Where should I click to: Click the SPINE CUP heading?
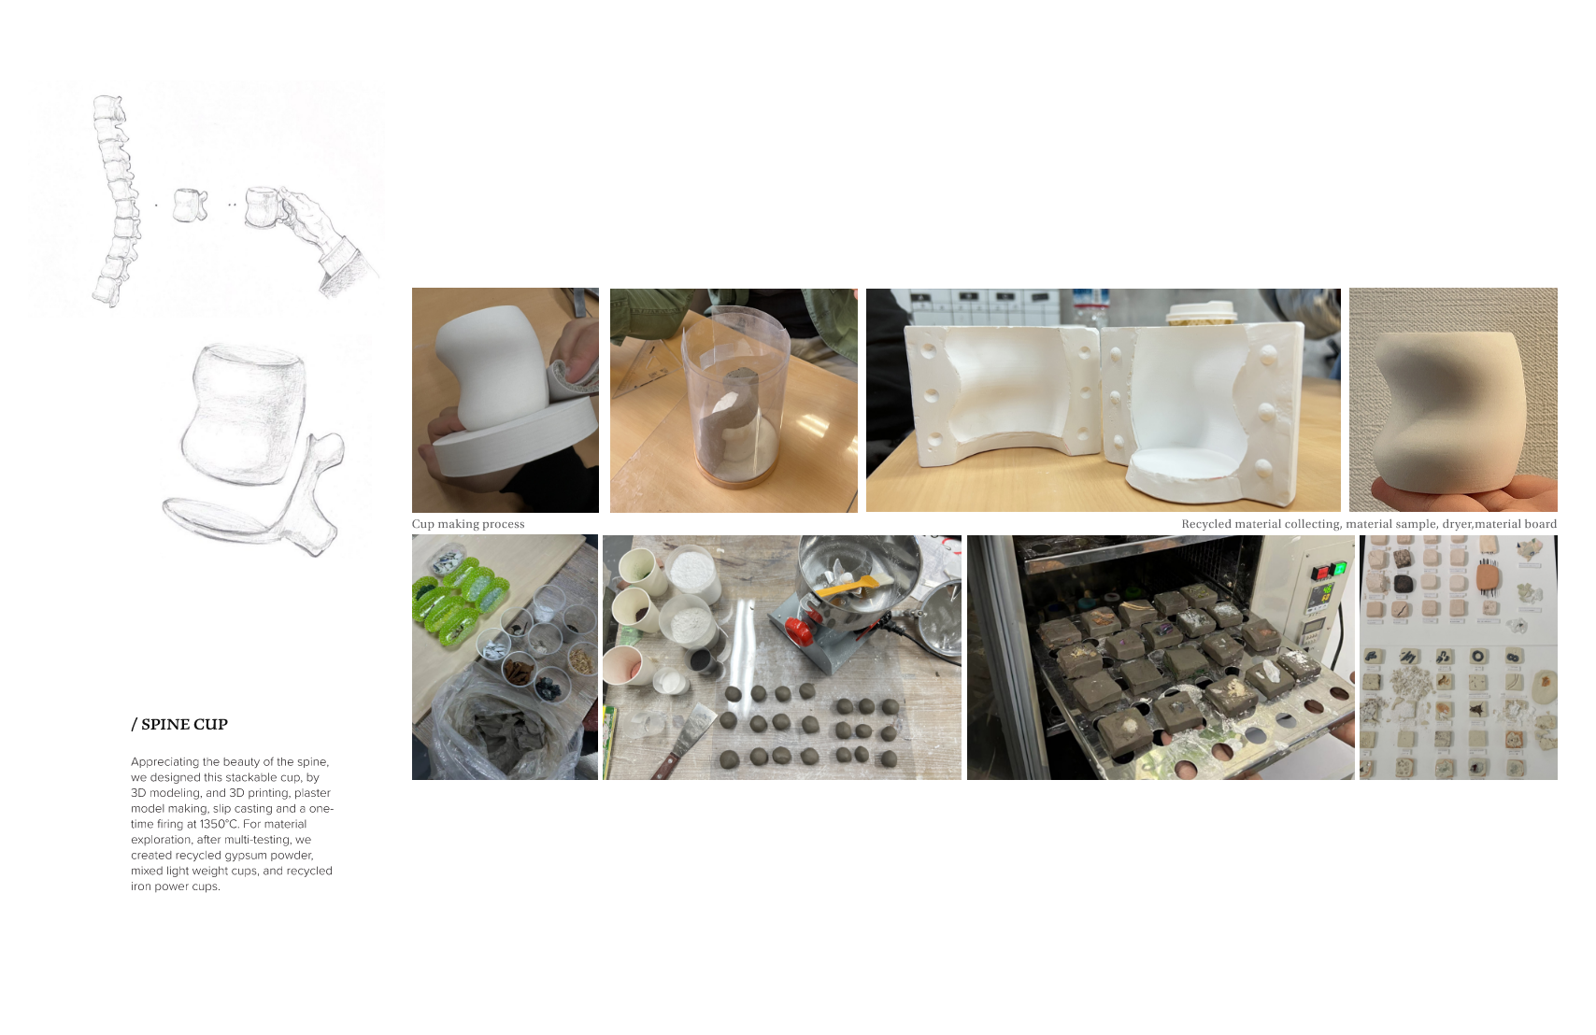coord(179,725)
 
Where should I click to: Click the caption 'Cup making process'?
coord(468,524)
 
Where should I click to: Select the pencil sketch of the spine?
coord(116,201)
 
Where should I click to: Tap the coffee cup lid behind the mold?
coord(1202,310)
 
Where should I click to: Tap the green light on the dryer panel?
coord(1340,569)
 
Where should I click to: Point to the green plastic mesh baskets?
coord(460,601)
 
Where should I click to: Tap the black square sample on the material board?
coord(1403,584)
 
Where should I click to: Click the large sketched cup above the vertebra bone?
coord(245,413)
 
